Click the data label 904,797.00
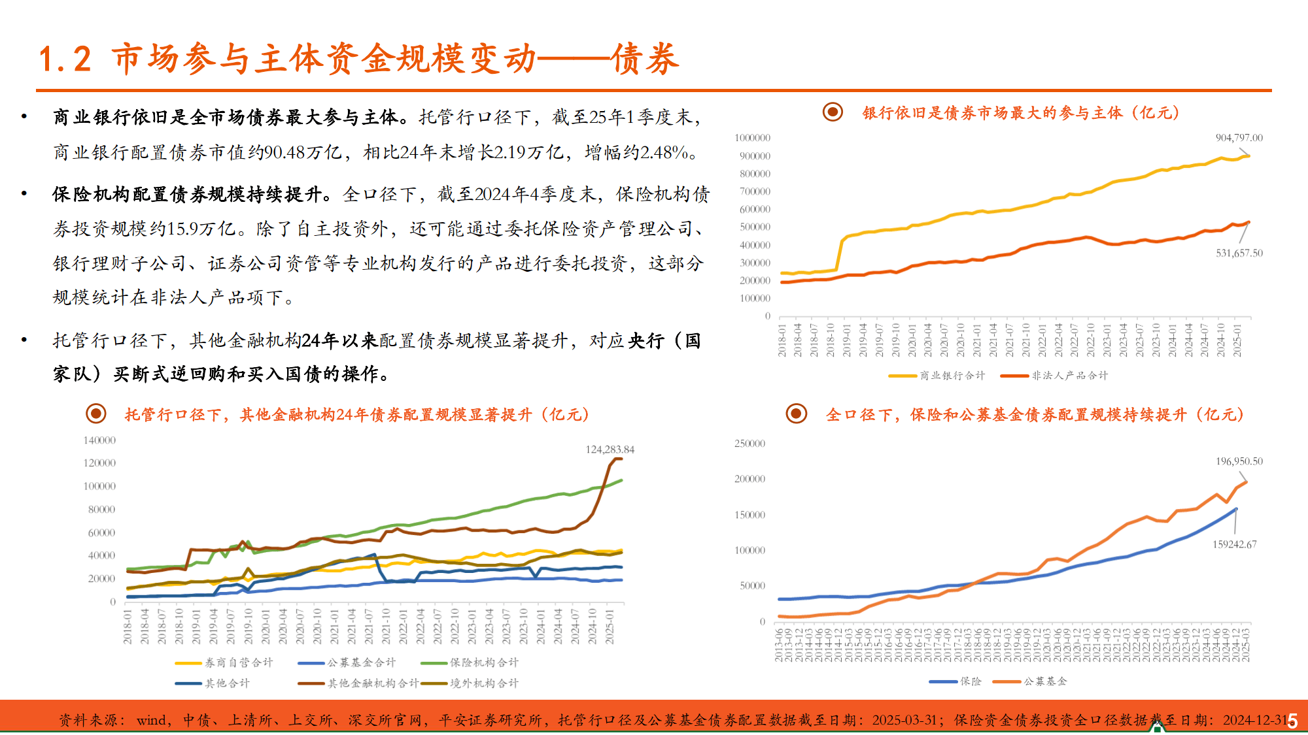[1239, 138]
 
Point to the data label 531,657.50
[1239, 253]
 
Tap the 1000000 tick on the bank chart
[752, 138]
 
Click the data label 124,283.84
[610, 449]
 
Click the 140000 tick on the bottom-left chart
[99, 440]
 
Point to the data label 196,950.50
[1239, 461]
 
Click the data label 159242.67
[1234, 544]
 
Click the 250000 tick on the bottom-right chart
[749, 444]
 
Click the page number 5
[1292, 721]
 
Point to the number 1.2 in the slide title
[65, 59]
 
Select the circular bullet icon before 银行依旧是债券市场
[833, 112]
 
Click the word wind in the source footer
[151, 721]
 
